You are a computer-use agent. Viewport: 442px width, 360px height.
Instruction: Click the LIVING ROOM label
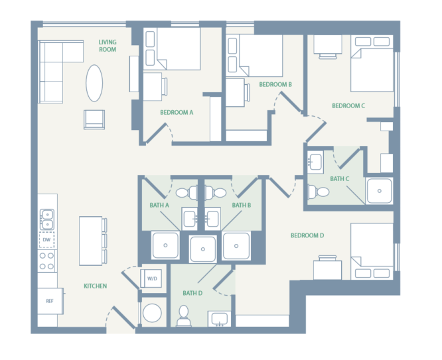point(108,45)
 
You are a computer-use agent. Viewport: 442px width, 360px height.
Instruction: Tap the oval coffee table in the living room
point(94,82)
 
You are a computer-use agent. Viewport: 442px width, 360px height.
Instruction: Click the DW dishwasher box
point(46,240)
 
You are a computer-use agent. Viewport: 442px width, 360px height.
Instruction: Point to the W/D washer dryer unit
point(152,278)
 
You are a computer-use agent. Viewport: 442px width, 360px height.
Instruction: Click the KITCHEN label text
point(96,286)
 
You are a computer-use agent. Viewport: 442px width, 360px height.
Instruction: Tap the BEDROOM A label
point(177,112)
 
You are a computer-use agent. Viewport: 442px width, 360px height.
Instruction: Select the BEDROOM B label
point(275,84)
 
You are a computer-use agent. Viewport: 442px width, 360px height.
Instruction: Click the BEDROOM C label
point(348,105)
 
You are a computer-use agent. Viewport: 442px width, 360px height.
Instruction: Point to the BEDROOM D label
point(307,235)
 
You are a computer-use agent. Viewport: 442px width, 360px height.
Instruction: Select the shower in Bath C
point(379,191)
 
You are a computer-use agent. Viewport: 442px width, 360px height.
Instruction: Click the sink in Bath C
point(316,160)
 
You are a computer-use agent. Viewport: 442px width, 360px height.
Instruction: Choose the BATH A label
point(160,206)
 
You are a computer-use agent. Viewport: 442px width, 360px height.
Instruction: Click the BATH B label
point(241,206)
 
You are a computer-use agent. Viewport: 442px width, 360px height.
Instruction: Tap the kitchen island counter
point(91,240)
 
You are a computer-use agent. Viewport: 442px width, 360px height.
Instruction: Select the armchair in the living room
point(94,119)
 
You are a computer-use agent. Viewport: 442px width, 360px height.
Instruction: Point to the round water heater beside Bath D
point(153,313)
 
